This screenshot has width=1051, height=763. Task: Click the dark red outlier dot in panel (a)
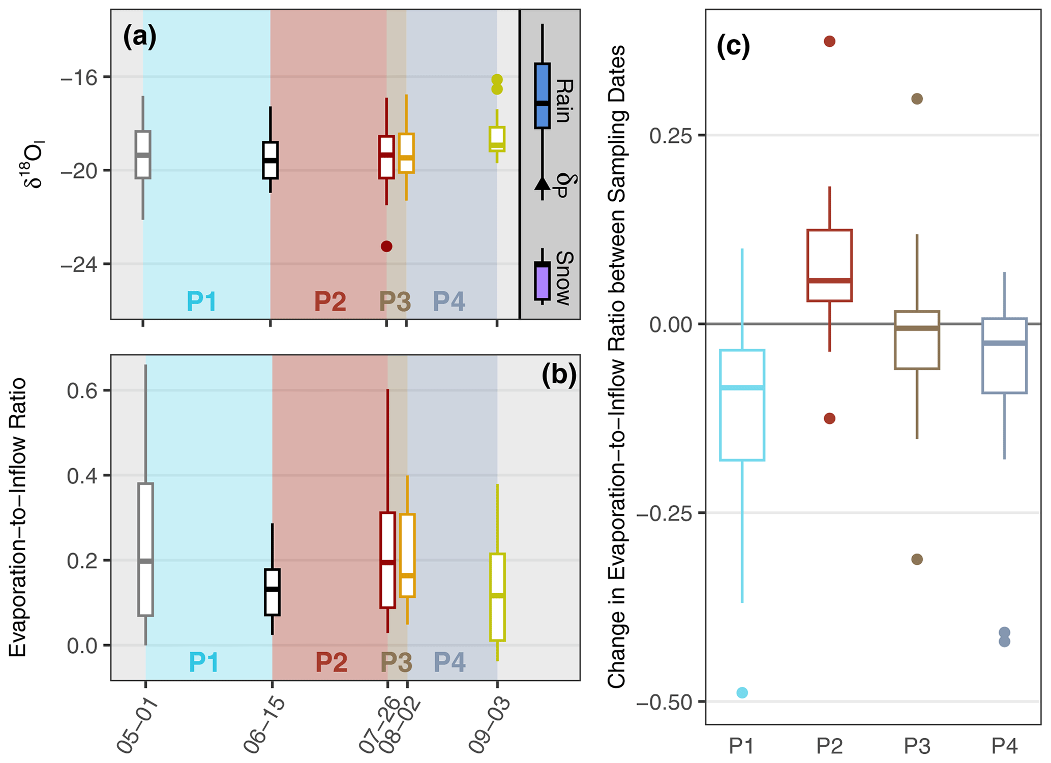tap(386, 247)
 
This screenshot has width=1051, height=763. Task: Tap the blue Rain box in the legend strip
tap(542, 96)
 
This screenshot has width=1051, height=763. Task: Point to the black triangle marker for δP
tap(543, 184)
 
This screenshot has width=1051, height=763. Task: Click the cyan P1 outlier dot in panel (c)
tap(742, 692)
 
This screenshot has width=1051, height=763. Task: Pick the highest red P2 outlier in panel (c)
tap(829, 42)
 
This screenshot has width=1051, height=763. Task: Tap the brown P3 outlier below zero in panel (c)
tap(917, 560)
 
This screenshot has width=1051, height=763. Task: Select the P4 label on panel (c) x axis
tap(1004, 746)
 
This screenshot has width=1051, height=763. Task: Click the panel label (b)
tap(559, 375)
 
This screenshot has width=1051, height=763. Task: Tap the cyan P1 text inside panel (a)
tap(202, 301)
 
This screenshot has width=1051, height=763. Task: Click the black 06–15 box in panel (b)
tap(272, 592)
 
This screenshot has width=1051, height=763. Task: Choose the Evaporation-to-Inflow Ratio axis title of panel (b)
tap(18, 517)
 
